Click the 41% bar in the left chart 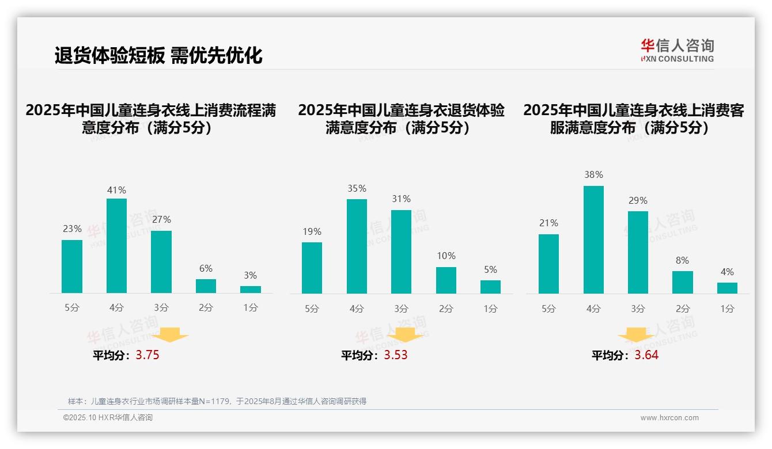pyautogui.click(x=116, y=246)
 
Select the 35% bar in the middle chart pyautogui.click(x=357, y=246)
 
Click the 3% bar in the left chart pyautogui.click(x=251, y=290)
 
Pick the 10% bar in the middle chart pyautogui.click(x=446, y=280)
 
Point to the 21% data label pyautogui.click(x=548, y=223)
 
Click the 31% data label pyautogui.click(x=401, y=199)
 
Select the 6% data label pyautogui.click(x=206, y=268)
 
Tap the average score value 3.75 pyautogui.click(x=147, y=355)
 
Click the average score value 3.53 pyautogui.click(x=396, y=355)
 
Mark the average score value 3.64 pyautogui.click(x=646, y=355)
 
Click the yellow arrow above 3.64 pyautogui.click(x=636, y=336)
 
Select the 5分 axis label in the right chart pyautogui.click(x=548, y=309)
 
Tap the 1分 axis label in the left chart pyautogui.click(x=251, y=308)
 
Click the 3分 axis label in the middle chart pyautogui.click(x=401, y=309)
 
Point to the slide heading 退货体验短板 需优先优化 pyautogui.click(x=158, y=55)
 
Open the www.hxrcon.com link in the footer pyautogui.click(x=669, y=418)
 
